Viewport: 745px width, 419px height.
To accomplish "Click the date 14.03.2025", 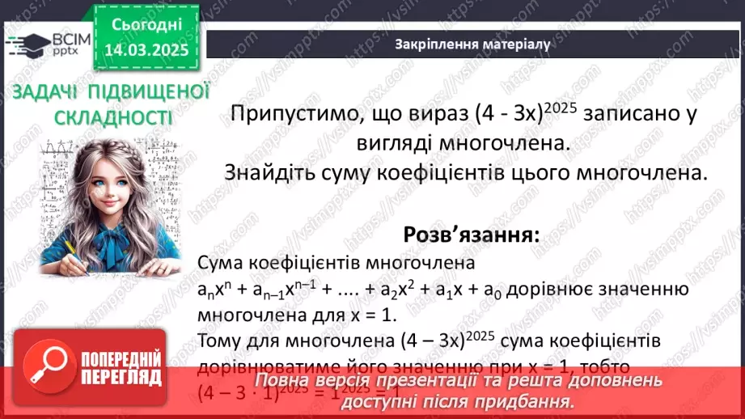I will point(146,49).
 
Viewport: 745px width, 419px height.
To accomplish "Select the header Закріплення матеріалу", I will point(472,44).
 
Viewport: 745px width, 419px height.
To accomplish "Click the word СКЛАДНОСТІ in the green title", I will point(113,118).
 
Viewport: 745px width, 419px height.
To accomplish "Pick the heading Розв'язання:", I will point(471,235).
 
